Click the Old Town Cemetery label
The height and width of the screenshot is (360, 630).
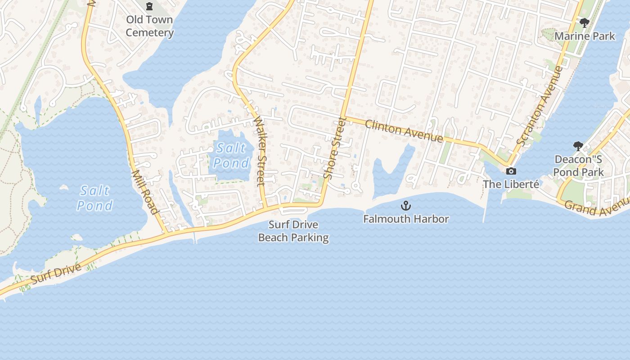(x=149, y=26)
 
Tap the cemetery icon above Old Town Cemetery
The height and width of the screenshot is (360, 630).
(x=149, y=6)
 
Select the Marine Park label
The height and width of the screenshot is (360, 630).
(x=585, y=36)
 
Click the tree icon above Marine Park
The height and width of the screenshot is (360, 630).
(x=585, y=22)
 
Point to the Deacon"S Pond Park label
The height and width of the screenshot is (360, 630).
(x=578, y=166)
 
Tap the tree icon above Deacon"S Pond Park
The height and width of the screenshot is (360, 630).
(x=578, y=146)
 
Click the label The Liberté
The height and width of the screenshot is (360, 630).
(x=511, y=184)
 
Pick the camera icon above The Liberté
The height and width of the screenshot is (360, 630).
(x=511, y=171)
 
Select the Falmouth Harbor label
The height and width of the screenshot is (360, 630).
(x=406, y=219)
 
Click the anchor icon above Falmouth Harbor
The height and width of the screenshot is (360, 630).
(x=406, y=206)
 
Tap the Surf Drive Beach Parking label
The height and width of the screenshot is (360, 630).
(x=293, y=231)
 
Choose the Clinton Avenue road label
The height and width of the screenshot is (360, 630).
(x=404, y=131)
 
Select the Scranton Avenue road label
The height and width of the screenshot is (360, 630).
(x=540, y=106)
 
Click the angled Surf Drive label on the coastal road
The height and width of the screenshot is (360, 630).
(x=56, y=274)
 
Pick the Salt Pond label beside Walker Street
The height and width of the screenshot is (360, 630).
(x=231, y=155)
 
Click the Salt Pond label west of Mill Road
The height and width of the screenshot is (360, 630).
(x=94, y=198)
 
